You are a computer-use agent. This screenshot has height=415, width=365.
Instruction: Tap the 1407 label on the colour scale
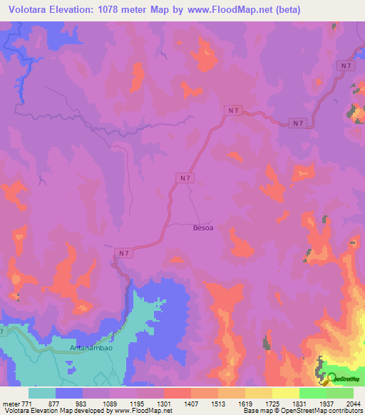point(192,403)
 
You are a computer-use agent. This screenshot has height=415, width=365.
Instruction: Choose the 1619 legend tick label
point(246,403)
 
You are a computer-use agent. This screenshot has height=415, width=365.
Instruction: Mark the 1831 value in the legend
point(299,403)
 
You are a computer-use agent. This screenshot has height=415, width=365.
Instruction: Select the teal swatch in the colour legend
point(42,393)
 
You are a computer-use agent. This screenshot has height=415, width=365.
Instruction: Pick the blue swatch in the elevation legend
point(69,393)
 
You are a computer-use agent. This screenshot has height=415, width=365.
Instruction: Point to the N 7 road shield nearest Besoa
point(185,178)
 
